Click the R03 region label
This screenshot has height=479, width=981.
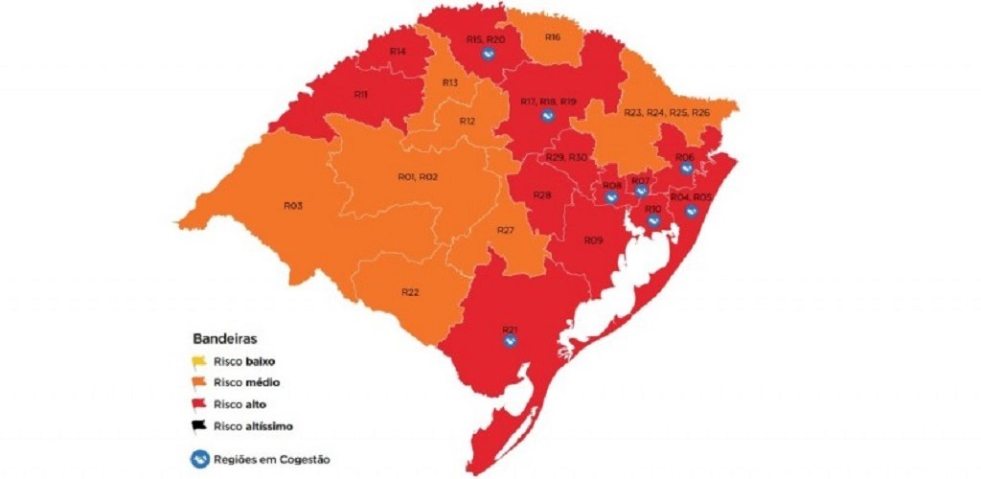(x=293, y=205)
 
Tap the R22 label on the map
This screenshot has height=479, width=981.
(x=410, y=292)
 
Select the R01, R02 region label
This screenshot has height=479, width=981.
(x=417, y=177)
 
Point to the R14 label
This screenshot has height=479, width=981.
(x=397, y=51)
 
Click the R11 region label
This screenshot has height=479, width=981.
(x=361, y=95)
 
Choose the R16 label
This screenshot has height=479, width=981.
(x=552, y=36)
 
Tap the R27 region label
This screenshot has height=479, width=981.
(x=506, y=230)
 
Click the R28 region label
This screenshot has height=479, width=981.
(x=541, y=195)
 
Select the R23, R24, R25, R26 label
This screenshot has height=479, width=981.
(x=667, y=113)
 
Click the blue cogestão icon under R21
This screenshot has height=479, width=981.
(x=511, y=345)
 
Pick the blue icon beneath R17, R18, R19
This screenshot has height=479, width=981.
(x=548, y=117)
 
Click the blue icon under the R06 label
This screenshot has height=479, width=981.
(x=686, y=169)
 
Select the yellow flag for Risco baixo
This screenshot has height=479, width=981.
(x=200, y=362)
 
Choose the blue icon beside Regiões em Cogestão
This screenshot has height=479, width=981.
(x=201, y=459)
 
